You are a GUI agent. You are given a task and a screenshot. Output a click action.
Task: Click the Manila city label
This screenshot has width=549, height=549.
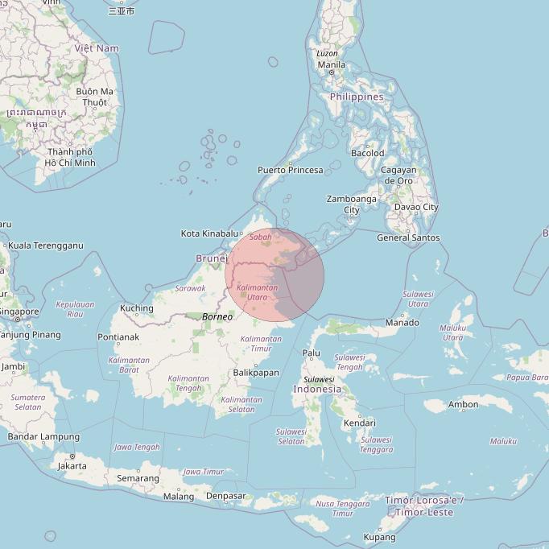[332, 64]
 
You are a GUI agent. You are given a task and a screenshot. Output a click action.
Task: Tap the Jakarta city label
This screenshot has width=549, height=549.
[72, 465]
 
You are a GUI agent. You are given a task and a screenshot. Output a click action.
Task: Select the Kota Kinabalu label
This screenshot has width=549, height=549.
[212, 233]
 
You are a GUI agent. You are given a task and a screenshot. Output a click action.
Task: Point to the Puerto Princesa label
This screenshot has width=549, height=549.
[290, 170]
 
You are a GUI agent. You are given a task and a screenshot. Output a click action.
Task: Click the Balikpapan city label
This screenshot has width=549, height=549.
[255, 373]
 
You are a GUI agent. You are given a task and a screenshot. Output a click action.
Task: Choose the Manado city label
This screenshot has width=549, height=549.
[402, 323]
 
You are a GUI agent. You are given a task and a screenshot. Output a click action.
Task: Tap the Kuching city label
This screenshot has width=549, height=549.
[136, 308]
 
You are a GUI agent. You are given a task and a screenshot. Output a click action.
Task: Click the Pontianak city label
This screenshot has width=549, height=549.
[118, 336]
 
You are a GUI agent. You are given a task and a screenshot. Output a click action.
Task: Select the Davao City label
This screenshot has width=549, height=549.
[416, 207]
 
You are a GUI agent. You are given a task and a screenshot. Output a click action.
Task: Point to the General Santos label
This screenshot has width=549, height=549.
[408, 237]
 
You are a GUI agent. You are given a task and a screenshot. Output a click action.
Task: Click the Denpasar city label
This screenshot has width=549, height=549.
[225, 496]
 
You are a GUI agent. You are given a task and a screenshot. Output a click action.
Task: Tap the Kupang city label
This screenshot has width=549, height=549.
[379, 537]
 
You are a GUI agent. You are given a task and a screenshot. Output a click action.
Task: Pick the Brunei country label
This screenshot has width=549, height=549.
[212, 258]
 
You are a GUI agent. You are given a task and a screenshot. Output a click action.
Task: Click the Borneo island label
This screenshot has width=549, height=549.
[217, 316]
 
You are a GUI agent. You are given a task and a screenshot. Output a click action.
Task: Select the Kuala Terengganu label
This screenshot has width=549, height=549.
[45, 246]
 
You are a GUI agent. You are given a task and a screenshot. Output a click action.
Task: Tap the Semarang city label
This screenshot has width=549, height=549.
[138, 478]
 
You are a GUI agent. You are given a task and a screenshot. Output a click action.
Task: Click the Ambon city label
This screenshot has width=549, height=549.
[463, 405]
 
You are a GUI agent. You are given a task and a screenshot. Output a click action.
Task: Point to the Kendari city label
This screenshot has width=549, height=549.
[359, 423]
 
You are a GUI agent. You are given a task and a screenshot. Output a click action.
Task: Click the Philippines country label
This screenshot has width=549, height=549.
[357, 97]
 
